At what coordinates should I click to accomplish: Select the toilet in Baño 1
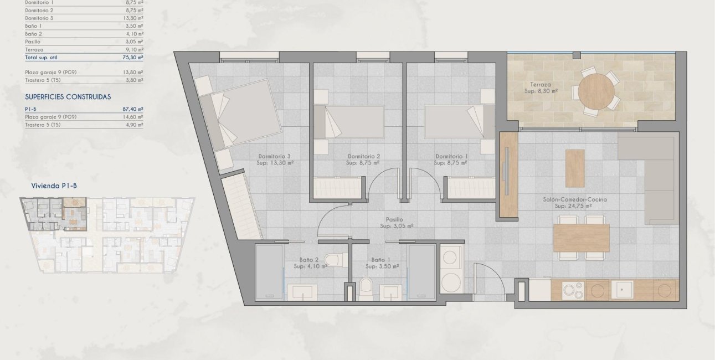coord(366,288)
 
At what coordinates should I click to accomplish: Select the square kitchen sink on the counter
coord(621,290)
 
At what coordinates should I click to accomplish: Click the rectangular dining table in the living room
coord(581,238)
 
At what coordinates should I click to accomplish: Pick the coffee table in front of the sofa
coord(574,168)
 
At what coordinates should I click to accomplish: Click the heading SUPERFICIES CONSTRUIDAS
coord(68,97)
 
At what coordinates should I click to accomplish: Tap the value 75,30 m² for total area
coord(132,57)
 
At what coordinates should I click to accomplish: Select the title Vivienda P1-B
coord(54,186)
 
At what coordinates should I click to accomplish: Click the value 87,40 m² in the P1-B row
coord(132,110)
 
